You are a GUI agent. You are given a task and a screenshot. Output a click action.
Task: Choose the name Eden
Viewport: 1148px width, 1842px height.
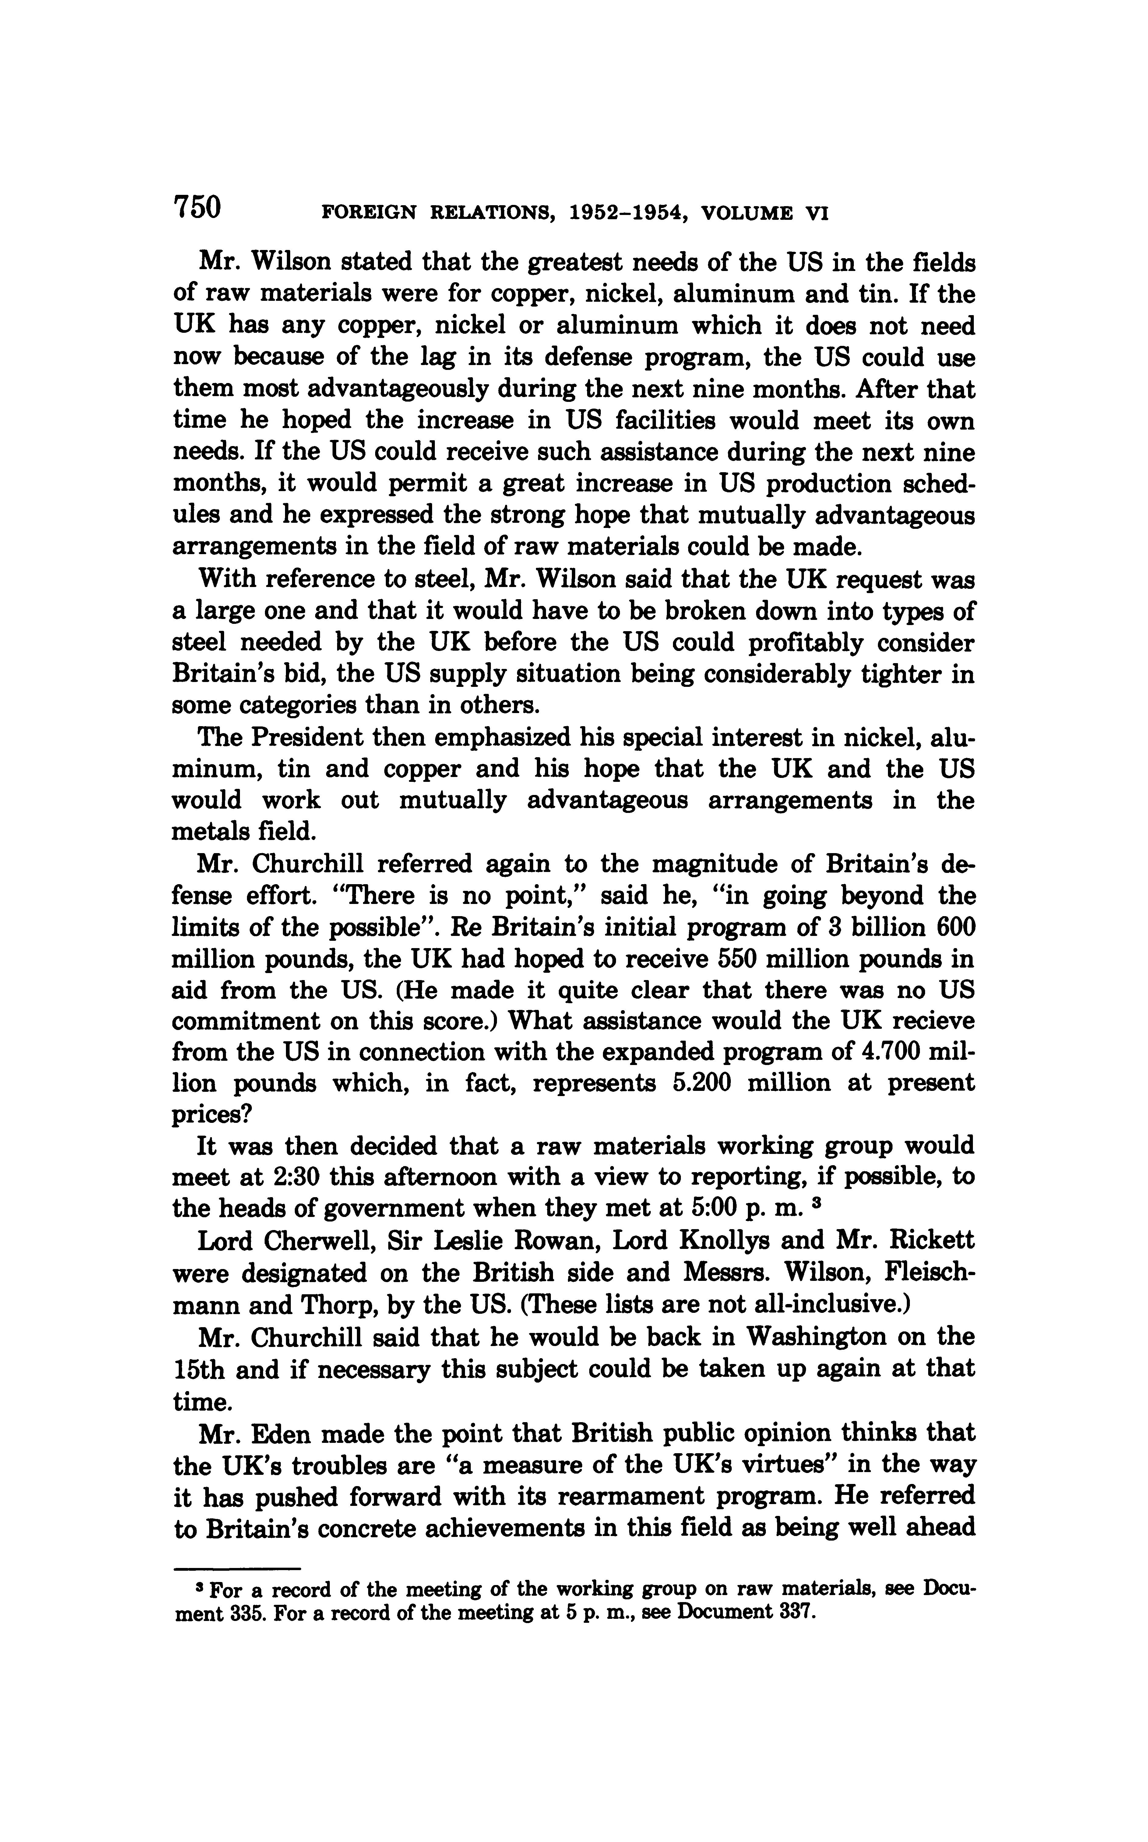click(x=294, y=1434)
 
